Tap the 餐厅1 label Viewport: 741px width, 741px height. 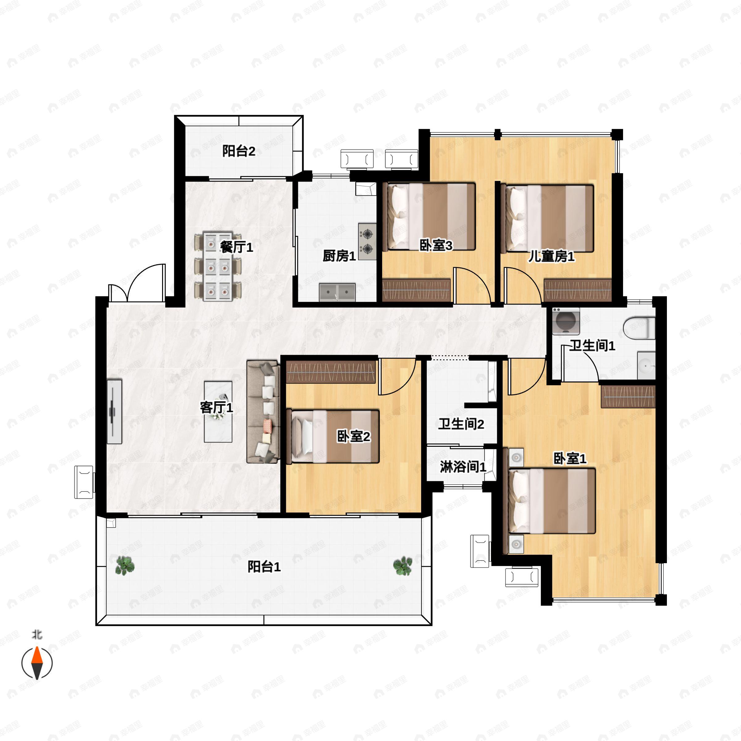[x=237, y=247]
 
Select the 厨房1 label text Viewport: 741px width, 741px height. [x=339, y=256]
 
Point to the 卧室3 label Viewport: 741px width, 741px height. [x=436, y=245]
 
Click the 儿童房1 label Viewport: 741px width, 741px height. [x=551, y=256]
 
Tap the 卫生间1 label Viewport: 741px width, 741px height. [x=592, y=345]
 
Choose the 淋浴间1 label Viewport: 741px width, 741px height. [x=463, y=467]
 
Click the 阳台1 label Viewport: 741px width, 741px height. [x=264, y=567]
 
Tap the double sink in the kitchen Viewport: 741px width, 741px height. [x=337, y=293]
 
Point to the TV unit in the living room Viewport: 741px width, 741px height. [x=114, y=412]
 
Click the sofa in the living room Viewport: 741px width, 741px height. [x=263, y=412]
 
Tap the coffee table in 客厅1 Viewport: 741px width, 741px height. [x=218, y=412]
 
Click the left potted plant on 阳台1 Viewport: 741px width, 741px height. [x=125, y=565]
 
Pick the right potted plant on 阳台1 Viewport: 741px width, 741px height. [x=403, y=566]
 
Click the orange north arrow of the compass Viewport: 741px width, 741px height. [x=37, y=655]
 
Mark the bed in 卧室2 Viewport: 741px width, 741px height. [x=333, y=437]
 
